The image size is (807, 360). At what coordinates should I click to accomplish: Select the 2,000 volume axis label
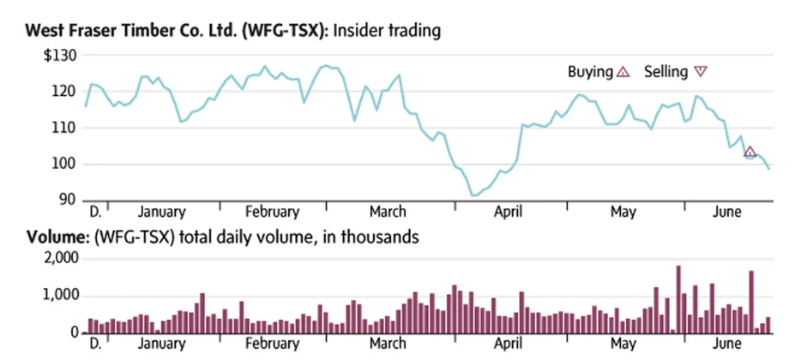tap(60, 258)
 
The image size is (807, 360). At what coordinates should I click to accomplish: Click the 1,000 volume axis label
tap(60, 296)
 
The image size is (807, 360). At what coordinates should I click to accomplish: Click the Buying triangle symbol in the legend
tap(623, 73)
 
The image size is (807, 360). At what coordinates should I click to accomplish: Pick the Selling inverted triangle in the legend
tap(701, 73)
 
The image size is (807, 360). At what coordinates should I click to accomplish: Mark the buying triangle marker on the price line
tap(750, 153)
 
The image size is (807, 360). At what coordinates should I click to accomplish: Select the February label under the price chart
tap(272, 212)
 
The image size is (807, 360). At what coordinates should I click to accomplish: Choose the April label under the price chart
tap(509, 212)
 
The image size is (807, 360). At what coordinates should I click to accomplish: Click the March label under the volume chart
tap(388, 345)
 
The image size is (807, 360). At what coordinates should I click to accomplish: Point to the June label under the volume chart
tap(729, 345)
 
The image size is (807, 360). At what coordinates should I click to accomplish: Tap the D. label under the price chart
tap(94, 212)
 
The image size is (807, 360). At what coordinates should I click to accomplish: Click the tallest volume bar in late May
tap(678, 299)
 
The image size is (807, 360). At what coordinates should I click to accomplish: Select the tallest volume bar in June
tap(751, 302)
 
